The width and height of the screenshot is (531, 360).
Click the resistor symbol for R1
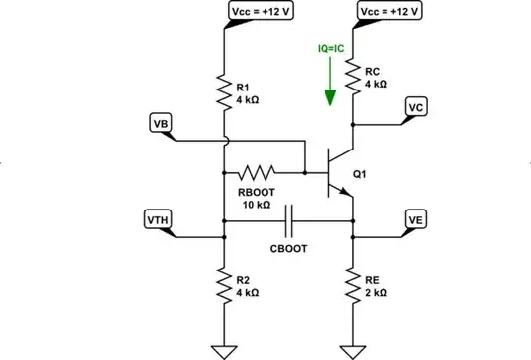225,91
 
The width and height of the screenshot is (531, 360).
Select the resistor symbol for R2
225,286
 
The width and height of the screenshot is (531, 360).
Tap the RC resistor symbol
352,77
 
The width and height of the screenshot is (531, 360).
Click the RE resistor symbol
352,286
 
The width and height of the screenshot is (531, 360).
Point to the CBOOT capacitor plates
288,222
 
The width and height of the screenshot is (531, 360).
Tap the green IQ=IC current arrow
331,87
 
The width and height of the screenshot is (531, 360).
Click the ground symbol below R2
225,349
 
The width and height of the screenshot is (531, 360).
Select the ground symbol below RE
352,349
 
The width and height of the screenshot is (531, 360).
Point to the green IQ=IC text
330,46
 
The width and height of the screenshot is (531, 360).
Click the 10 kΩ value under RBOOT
254,205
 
